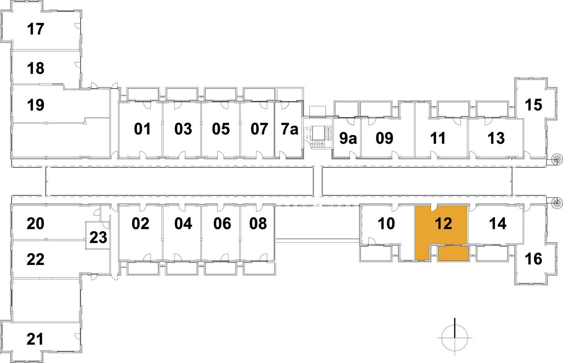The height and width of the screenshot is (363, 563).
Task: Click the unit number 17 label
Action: pos(36,29)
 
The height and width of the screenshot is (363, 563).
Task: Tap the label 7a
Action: pos(289,129)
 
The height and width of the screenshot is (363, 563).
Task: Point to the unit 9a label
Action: pos(348,138)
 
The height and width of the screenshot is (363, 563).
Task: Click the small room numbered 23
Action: pos(98,237)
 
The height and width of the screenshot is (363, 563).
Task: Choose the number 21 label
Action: pos(35,339)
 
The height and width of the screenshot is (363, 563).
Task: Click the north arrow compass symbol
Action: pos(455,337)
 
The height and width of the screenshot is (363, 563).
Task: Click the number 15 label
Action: pos(533,105)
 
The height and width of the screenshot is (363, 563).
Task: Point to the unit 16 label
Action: pos(533,259)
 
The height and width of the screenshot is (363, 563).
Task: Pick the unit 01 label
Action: pos(142,129)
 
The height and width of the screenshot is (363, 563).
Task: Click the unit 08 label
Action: pos(258,224)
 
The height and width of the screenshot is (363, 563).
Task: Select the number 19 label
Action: pos(36,105)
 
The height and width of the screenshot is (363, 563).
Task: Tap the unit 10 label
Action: pos(386,224)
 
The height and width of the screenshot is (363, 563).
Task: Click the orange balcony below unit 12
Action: pos(453,254)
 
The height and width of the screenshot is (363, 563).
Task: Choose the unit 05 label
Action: pos(221,129)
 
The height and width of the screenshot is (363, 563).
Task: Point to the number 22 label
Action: pos(36,259)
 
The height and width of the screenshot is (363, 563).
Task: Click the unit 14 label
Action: pos(498,224)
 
